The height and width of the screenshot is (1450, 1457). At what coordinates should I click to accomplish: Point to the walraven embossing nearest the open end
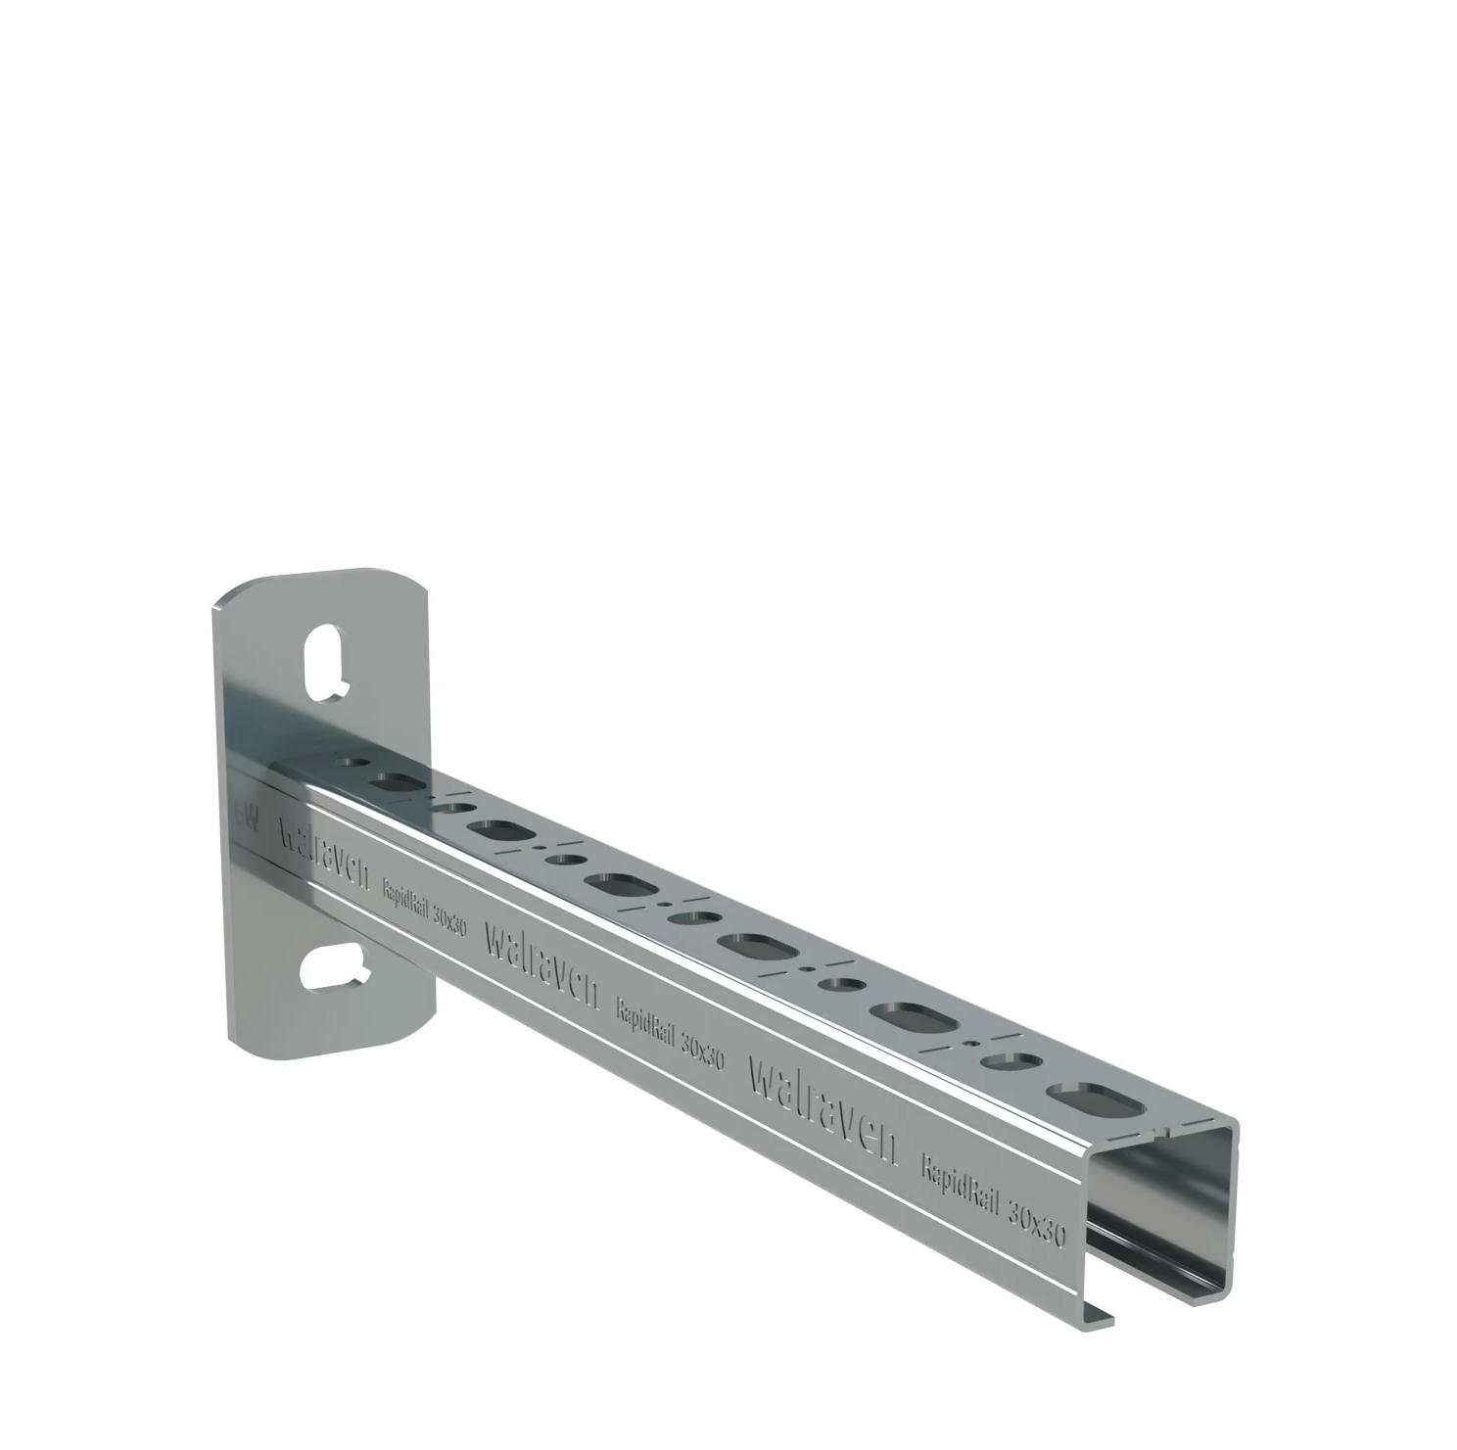(x=822, y=1106)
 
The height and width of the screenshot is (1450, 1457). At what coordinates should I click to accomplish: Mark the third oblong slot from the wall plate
(x=621, y=886)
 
